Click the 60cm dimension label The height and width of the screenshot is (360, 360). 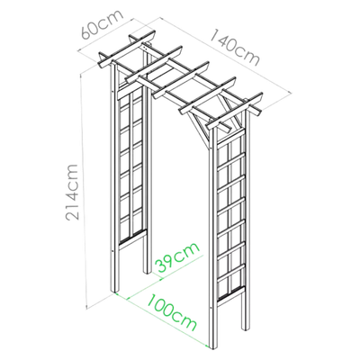tap(102, 24)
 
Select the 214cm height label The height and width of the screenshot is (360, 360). tap(73, 193)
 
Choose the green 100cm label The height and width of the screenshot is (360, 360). tap(172, 313)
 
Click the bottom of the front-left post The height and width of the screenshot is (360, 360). tap(115, 291)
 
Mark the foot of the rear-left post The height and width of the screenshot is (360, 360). tap(147, 272)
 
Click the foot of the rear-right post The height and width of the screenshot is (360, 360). tap(245, 329)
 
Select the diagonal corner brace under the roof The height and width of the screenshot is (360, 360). tap(199, 130)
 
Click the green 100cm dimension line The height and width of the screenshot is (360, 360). tap(162, 319)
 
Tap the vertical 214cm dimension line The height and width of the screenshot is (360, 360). tap(84, 192)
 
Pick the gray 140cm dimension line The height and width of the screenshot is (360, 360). tap(226, 56)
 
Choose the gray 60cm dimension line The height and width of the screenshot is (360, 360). tap(106, 35)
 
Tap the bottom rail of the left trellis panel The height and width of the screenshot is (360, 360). tap(132, 238)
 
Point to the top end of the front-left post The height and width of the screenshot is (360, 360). tap(113, 64)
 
